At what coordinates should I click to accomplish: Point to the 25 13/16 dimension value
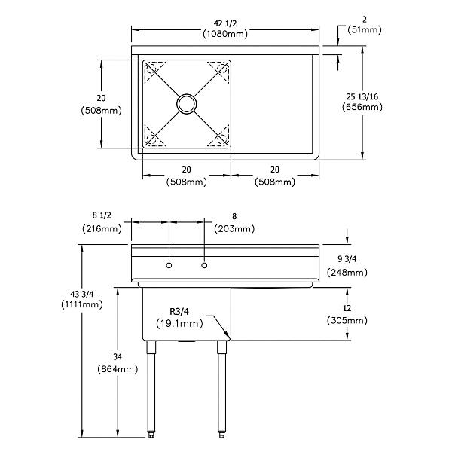(x=364, y=96)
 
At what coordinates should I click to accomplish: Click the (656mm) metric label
(x=364, y=107)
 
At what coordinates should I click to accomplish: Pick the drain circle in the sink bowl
(x=186, y=103)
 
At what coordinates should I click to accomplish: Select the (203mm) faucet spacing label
(x=234, y=228)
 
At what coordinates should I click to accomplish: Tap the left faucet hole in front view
(x=169, y=266)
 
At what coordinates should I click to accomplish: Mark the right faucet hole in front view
(x=203, y=266)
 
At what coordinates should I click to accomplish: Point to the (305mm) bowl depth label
(x=347, y=320)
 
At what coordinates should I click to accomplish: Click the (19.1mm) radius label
(x=179, y=324)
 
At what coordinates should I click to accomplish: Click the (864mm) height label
(x=118, y=369)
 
